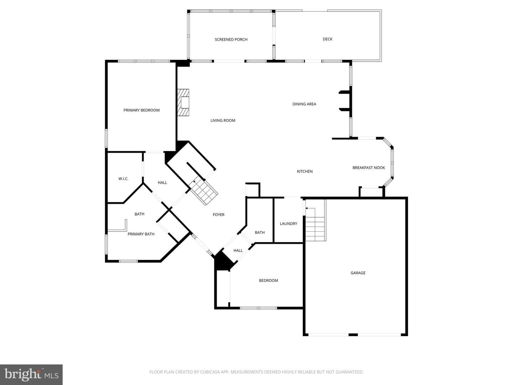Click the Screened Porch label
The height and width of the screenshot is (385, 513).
point(231,40)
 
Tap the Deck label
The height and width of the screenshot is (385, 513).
point(327,39)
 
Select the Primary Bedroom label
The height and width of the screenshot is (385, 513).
point(141,110)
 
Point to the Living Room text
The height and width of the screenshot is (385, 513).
point(223,120)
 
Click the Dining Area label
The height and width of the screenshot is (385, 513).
point(304,104)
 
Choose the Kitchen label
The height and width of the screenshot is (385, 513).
point(305,171)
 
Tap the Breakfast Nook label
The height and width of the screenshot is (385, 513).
point(369,168)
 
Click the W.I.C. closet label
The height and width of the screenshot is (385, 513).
point(123,179)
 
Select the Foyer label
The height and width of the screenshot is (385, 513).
point(218,215)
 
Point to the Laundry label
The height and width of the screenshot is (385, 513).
point(289,224)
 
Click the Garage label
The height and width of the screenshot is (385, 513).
point(358,273)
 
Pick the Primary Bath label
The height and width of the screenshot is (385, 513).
point(141,234)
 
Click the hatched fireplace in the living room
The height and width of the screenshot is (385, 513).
point(183,102)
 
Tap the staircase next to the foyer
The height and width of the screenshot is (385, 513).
point(203,190)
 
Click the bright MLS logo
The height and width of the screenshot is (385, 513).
point(31,375)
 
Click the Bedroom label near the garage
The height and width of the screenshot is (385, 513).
point(268,281)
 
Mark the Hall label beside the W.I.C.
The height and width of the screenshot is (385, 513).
point(162,183)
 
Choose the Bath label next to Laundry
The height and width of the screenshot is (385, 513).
point(260,232)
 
